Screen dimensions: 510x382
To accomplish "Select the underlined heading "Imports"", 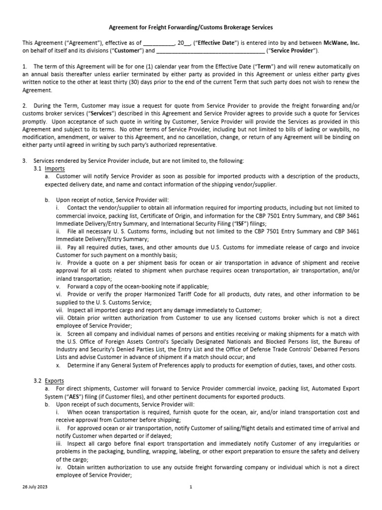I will click(x=55, y=169).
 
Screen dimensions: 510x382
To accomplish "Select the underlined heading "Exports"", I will click(x=55, y=381).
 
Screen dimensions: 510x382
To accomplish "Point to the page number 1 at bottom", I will click(x=191, y=487).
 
